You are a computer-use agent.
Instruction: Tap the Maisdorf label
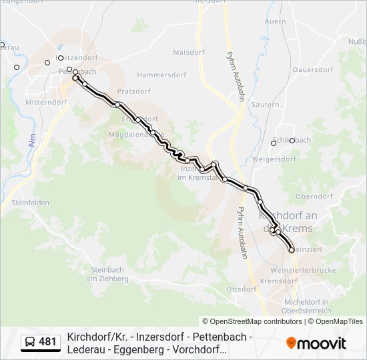click(188, 52)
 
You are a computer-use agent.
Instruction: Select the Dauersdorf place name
click(312, 69)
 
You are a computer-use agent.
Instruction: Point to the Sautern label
click(266, 105)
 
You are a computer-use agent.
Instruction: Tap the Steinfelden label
click(30, 203)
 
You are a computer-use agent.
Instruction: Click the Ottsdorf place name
click(242, 289)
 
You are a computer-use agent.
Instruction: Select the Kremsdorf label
click(279, 281)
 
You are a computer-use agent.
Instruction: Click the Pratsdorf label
click(133, 91)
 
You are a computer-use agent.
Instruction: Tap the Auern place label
click(275, 21)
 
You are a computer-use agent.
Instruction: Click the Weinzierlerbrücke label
click(303, 270)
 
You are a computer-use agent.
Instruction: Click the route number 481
click(48, 343)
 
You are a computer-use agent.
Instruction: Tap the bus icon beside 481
click(31, 343)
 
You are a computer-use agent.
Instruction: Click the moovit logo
click(316, 343)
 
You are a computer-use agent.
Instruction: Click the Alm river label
click(32, 140)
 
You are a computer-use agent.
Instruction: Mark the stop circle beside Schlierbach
click(273, 143)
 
